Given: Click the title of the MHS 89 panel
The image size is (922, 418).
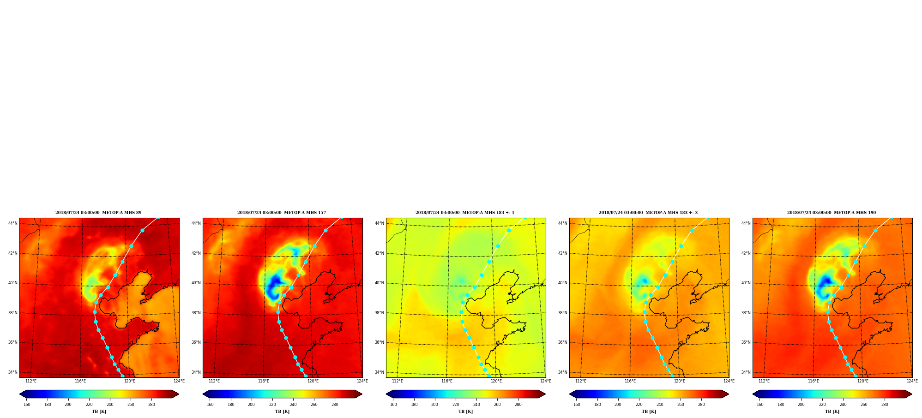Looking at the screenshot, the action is [98, 213].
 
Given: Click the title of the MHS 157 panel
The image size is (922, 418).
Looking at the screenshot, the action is [282, 213].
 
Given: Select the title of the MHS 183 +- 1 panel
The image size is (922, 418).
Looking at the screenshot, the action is [465, 213].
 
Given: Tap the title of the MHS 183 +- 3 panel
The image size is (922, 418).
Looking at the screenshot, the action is [648, 213].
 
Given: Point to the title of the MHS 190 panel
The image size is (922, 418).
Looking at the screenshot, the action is [832, 213].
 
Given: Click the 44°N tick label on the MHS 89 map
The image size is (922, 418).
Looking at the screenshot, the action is [13, 223].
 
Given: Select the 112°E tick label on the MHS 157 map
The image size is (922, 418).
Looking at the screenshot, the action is [214, 381].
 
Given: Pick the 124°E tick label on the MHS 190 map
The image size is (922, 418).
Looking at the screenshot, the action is [912, 381].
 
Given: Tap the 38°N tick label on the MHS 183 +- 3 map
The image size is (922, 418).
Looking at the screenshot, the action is [563, 313].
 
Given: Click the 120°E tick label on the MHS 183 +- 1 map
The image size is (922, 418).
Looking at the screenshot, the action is [496, 381].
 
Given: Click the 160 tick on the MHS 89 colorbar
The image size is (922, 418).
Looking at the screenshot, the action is [27, 405].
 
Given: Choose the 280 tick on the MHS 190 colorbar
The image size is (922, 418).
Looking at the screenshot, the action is [885, 405].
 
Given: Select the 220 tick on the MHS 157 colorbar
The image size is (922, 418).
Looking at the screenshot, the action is [272, 405].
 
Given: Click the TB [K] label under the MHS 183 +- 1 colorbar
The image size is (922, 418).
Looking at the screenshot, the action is [465, 412].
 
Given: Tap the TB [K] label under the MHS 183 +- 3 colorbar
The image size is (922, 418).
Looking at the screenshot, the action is [649, 412].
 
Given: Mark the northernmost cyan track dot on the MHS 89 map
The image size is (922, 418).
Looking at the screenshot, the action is [142, 230].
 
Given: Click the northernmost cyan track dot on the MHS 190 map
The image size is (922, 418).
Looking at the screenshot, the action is [875, 230].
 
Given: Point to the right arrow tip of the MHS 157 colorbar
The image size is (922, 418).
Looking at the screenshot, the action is [362, 394].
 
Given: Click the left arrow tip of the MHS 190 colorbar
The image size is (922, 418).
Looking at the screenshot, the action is [753, 394].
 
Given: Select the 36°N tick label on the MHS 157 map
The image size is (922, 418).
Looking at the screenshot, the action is [196, 342].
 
